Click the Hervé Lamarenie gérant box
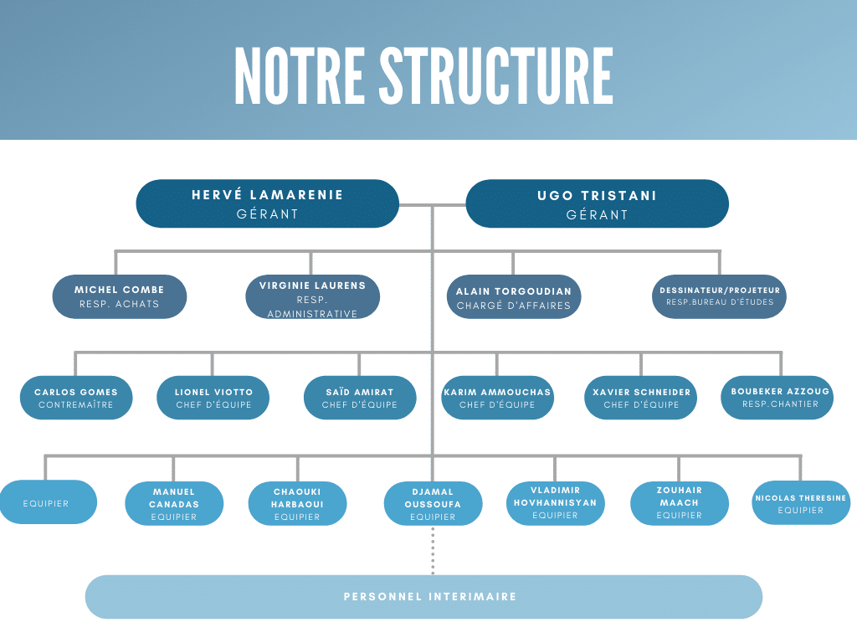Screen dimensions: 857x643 [x=267, y=203]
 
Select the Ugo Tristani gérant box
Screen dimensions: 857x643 [x=597, y=203]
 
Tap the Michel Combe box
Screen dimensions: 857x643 [x=119, y=296]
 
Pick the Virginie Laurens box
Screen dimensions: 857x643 [x=313, y=296]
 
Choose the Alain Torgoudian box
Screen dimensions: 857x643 [x=514, y=296]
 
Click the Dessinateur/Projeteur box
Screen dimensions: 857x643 [x=719, y=296]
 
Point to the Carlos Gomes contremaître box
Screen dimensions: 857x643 [x=76, y=398]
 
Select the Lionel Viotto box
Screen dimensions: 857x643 [x=213, y=398]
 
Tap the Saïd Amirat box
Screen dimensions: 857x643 [x=360, y=398]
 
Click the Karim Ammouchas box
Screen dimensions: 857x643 [x=497, y=398]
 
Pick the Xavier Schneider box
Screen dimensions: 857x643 [x=641, y=398]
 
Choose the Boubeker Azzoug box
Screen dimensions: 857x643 [x=777, y=398]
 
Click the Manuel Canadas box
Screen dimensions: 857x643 [x=174, y=503]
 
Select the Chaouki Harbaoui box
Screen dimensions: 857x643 [x=297, y=503]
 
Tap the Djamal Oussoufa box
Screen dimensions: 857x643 [x=433, y=503]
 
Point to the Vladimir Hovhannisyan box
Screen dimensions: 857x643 [x=556, y=503]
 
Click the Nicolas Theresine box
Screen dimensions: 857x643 [x=801, y=502]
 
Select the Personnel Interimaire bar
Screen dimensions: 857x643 [x=423, y=596]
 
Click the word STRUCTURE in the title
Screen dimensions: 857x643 [x=496, y=75]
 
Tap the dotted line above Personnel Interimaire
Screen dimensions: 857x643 [x=433, y=550]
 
